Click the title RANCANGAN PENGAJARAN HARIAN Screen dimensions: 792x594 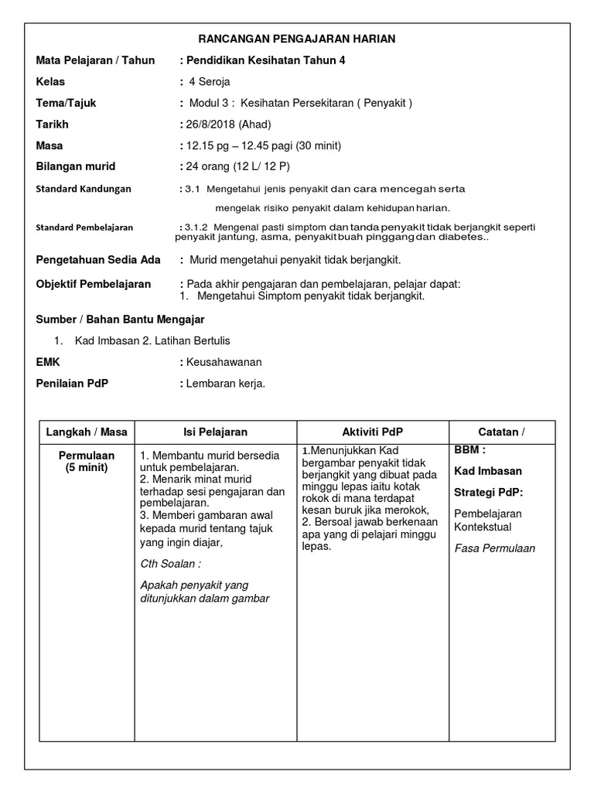pyautogui.click(x=297, y=39)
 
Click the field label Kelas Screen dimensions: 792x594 pyautogui.click(x=50, y=81)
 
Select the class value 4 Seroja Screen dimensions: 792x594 pyautogui.click(x=209, y=81)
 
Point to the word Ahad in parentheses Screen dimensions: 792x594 pyautogui.click(x=255, y=124)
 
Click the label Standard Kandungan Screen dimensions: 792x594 pyautogui.click(x=84, y=189)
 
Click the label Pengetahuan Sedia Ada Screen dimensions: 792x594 pyautogui.click(x=98, y=260)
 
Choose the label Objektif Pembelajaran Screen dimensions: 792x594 pyautogui.click(x=94, y=284)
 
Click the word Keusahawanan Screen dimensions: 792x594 pyautogui.click(x=224, y=361)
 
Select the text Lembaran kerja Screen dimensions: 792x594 pyautogui.click(x=225, y=382)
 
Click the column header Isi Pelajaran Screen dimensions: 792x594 pyautogui.click(x=215, y=432)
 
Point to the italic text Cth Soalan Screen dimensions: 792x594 pyautogui.click(x=166, y=564)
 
